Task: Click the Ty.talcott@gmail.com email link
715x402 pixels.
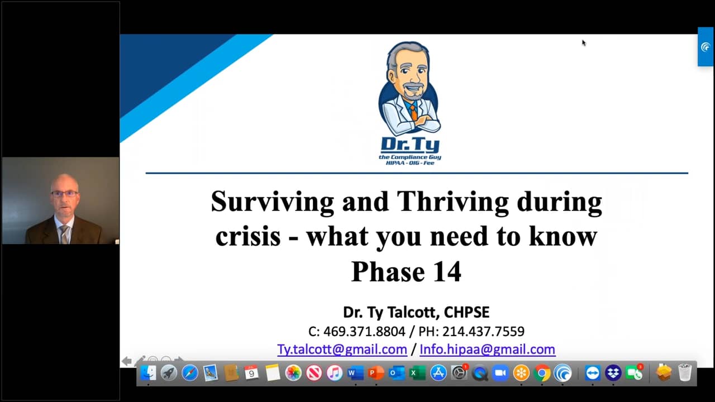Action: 342,350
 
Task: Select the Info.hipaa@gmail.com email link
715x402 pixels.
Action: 488,350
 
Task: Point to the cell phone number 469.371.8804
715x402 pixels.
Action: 364,332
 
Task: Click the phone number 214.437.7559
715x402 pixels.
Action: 483,332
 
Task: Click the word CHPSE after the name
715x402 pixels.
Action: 466,312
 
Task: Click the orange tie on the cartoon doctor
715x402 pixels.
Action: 413,111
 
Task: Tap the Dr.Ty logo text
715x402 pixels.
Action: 410,145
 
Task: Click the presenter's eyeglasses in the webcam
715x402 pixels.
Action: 64,193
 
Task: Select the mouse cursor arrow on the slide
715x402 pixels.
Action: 584,43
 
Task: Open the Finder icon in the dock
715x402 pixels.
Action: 149,373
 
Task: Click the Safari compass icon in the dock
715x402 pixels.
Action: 190,373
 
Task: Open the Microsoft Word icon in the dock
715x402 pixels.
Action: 356,373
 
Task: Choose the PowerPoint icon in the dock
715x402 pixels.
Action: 376,373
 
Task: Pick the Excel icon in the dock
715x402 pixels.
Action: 417,373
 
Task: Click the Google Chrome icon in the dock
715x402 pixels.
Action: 542,373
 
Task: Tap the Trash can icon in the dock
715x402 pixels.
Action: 684,372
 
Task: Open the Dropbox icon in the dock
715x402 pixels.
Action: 613,373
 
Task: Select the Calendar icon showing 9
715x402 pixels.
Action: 252,373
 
